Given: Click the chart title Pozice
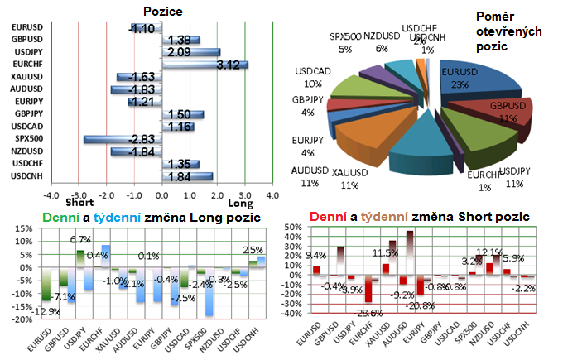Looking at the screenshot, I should [x=163, y=11].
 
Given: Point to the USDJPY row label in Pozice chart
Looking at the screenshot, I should [x=28, y=51].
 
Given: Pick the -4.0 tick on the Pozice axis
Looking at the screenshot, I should [x=51, y=195].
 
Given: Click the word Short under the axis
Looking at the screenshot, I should [x=79, y=203].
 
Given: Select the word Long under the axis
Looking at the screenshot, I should [x=240, y=203].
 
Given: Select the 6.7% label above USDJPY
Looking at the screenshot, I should [x=80, y=240].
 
